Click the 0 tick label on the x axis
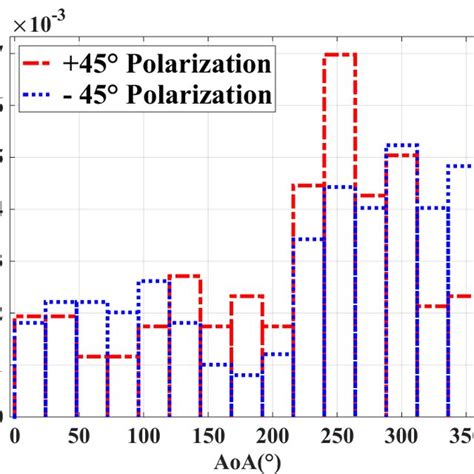pyautogui.click(x=14, y=436)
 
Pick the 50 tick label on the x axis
pyautogui.click(x=73, y=436)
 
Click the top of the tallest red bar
pyautogui.click(x=340, y=54)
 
